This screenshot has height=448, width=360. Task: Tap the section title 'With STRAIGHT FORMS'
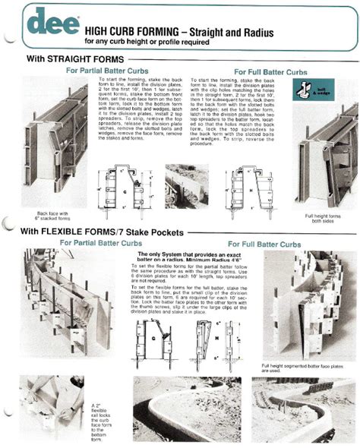(73, 58)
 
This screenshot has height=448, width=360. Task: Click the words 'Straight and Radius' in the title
(255, 29)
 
